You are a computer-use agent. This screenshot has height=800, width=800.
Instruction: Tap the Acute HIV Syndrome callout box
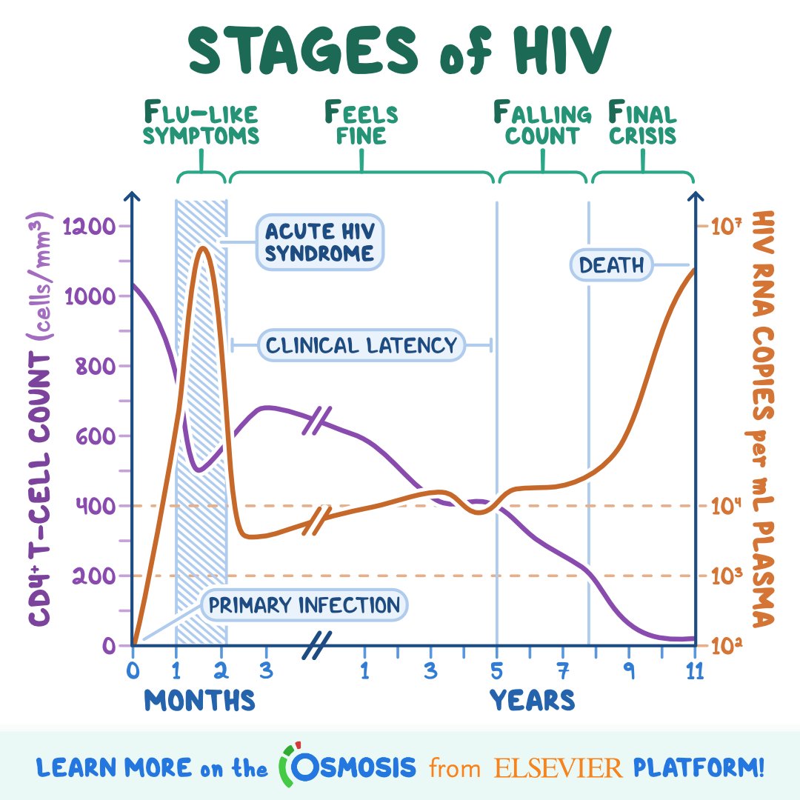point(320,243)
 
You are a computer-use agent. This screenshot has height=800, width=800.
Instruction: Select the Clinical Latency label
point(361,345)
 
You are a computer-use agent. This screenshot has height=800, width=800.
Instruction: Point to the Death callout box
point(611,264)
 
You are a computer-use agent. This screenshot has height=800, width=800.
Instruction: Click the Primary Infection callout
point(304,606)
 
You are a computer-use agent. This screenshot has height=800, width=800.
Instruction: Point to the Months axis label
point(199,700)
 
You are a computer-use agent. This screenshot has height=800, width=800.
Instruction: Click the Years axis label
point(532,700)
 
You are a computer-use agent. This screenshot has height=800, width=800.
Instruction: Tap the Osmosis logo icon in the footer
point(291,767)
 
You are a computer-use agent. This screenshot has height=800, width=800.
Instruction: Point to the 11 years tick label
point(694,671)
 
